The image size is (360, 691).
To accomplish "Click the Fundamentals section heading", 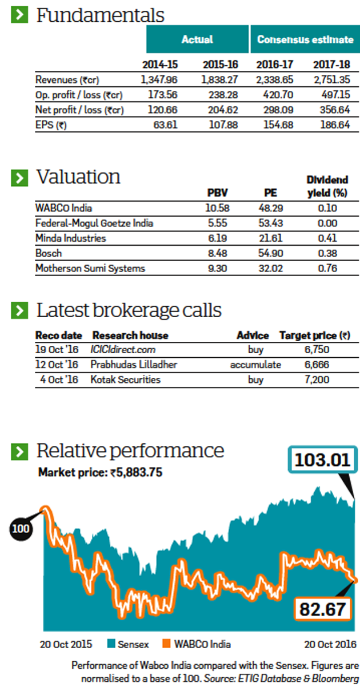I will pyautogui.click(x=100, y=15).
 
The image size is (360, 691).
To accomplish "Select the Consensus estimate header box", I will pyautogui.click(x=305, y=39).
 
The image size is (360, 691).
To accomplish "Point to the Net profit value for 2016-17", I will pyautogui.click(x=276, y=109).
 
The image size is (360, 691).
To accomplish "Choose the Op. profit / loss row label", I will pyautogui.click(x=79, y=94).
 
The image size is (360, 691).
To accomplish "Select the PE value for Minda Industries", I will pyautogui.click(x=270, y=238).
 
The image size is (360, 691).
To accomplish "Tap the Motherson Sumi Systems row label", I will pyautogui.click(x=90, y=268).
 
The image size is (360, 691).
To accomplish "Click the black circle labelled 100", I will pyautogui.click(x=21, y=529).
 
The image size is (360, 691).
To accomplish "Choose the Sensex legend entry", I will pyautogui.click(x=128, y=644).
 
